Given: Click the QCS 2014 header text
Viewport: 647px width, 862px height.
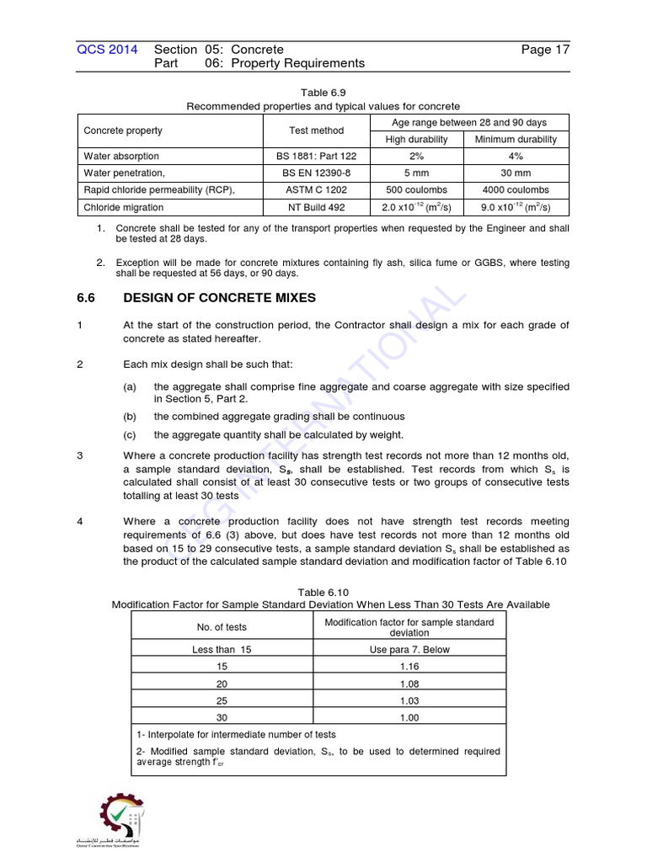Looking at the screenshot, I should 107,50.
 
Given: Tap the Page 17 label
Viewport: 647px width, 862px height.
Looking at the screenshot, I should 545,50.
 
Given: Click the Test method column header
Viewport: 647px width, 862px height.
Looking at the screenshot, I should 316,130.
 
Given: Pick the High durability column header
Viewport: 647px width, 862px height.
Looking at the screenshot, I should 416,140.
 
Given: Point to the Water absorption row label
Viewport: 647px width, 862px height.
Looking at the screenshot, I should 121,157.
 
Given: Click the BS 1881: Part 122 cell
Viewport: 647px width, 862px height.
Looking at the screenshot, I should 316,157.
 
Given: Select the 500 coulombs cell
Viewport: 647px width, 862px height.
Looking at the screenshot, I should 416,190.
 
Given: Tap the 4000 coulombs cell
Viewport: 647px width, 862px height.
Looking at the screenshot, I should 516,190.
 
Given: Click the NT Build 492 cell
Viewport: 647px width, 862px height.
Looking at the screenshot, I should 316,207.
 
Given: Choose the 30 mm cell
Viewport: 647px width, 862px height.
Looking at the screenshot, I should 516,173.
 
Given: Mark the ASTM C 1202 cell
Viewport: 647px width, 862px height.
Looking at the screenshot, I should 316,190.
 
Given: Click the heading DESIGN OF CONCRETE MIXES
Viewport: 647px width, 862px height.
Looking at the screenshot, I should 219,297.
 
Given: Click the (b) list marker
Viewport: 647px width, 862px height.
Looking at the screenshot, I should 130,417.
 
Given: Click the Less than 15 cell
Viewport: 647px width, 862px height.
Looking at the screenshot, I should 222,649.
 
